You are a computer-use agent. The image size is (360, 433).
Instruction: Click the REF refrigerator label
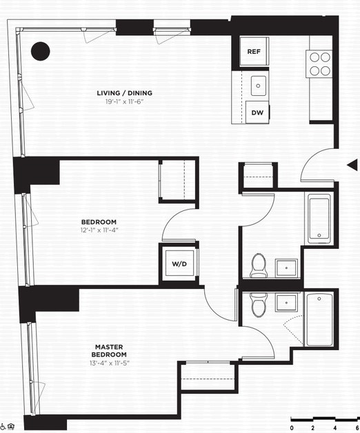click(x=254, y=52)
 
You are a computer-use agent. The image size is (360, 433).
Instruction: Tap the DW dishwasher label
click(x=257, y=112)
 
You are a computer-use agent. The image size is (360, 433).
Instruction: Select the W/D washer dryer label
click(x=179, y=264)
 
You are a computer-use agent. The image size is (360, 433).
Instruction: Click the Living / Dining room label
click(x=124, y=93)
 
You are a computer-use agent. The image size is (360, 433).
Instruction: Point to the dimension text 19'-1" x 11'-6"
click(x=124, y=101)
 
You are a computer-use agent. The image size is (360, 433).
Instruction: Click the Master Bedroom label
click(x=109, y=351)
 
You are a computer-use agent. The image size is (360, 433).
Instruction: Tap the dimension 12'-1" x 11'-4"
click(x=99, y=230)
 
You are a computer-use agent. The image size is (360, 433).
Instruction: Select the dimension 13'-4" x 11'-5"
click(x=110, y=363)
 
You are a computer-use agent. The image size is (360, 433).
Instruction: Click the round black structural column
click(x=40, y=51)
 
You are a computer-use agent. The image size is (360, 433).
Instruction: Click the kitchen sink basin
click(x=259, y=86)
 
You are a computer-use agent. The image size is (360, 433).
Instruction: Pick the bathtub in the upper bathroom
click(x=319, y=219)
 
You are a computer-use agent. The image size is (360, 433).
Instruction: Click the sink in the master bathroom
click(x=286, y=302)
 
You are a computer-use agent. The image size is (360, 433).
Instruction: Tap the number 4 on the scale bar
click(x=335, y=428)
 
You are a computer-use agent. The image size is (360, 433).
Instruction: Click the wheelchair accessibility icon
click(x=3, y=427)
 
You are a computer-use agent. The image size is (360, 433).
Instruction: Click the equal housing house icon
click(x=11, y=427)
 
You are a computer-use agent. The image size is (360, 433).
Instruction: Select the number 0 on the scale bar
click(x=292, y=428)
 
